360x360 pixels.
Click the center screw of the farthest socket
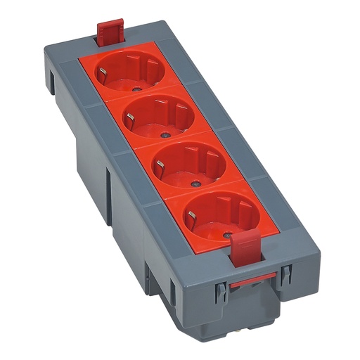(133, 89)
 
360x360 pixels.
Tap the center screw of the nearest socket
(226, 233)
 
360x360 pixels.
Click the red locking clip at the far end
(110, 32)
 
